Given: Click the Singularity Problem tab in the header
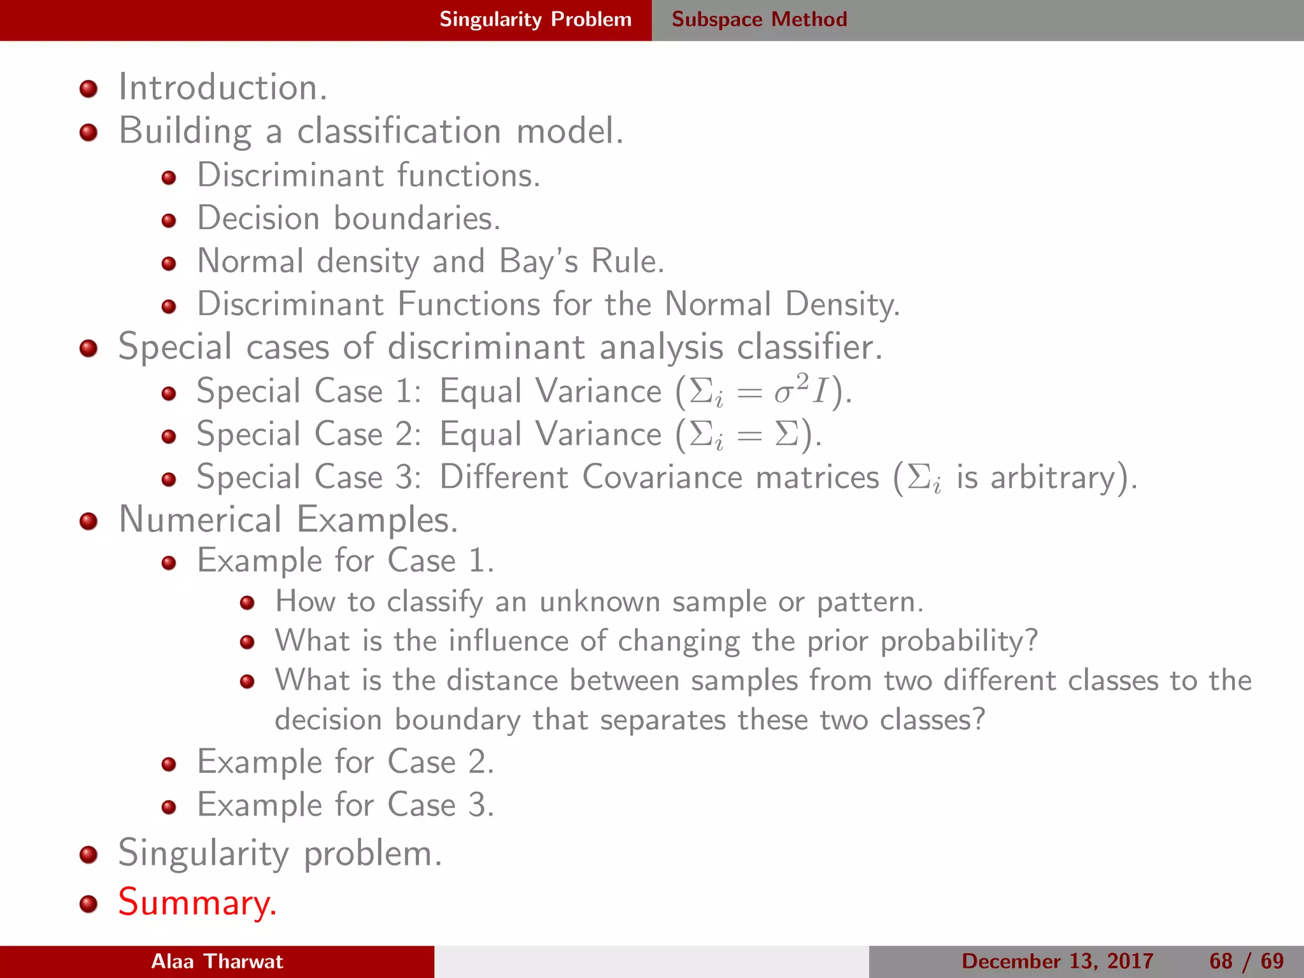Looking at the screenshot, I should (535, 19).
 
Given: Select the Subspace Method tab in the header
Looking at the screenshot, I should (759, 19).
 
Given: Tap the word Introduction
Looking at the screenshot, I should (222, 87).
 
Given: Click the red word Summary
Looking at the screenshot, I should (197, 902).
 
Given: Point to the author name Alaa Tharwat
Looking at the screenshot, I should (216, 961).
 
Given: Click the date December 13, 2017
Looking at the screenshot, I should (1057, 961).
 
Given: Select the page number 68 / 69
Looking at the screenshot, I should (1246, 961).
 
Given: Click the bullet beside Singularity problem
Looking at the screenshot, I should (89, 854).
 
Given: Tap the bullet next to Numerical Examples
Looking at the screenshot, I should (89, 521).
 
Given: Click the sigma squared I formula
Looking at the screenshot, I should (800, 391).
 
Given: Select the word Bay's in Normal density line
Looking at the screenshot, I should (539, 262).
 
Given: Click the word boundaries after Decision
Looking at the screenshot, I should (416, 218).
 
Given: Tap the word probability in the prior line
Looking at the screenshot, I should (959, 641).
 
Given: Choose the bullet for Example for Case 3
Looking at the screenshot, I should (169, 807).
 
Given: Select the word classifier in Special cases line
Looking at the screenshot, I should (809, 348).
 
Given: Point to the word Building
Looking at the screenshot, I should (185, 131).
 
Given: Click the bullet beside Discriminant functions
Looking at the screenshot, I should (169, 178).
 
